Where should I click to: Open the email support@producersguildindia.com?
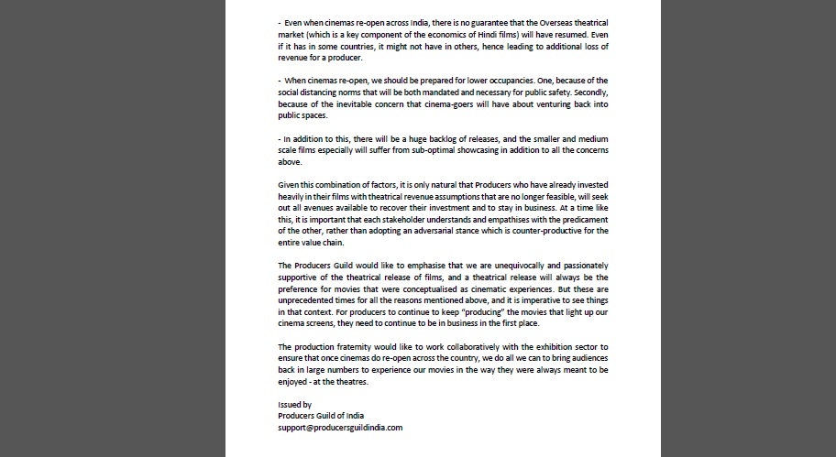point(340,428)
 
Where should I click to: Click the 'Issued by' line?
point(294,404)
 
